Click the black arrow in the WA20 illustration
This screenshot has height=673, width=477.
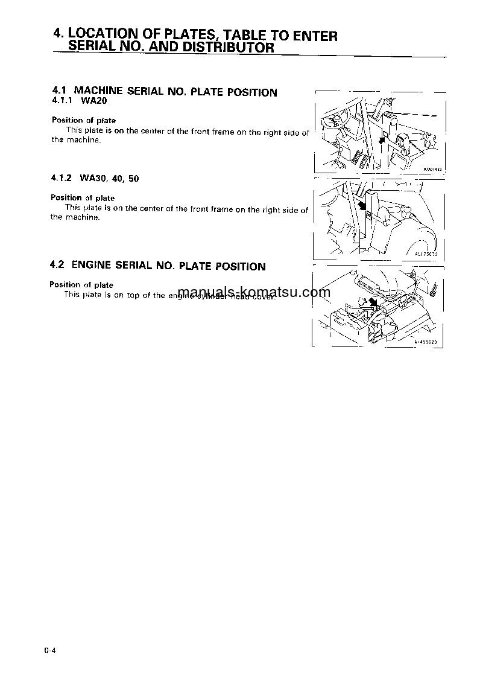pos(381,140)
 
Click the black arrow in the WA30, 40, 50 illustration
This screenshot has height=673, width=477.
pos(362,206)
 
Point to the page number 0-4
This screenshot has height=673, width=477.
pos(49,650)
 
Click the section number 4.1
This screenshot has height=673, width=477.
pos(59,91)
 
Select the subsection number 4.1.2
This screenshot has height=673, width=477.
pos(62,179)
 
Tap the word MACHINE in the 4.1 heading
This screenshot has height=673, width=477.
pos(98,92)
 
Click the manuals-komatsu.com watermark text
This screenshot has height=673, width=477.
pos(254,293)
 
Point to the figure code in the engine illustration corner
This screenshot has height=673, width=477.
pos(428,342)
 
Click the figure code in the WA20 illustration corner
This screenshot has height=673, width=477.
pos(432,170)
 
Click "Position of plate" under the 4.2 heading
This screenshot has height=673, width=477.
pos(81,285)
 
